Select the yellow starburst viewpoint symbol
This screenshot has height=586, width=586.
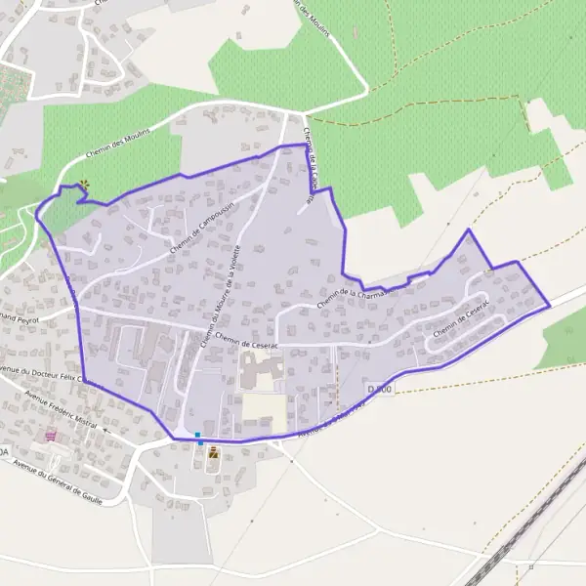pos(85,183)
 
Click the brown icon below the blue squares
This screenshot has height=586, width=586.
pos(212,451)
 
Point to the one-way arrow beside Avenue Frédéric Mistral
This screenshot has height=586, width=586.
pos(105,430)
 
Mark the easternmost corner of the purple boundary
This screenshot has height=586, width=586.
pos(550,306)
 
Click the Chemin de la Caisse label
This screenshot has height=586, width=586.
pos(312,166)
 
